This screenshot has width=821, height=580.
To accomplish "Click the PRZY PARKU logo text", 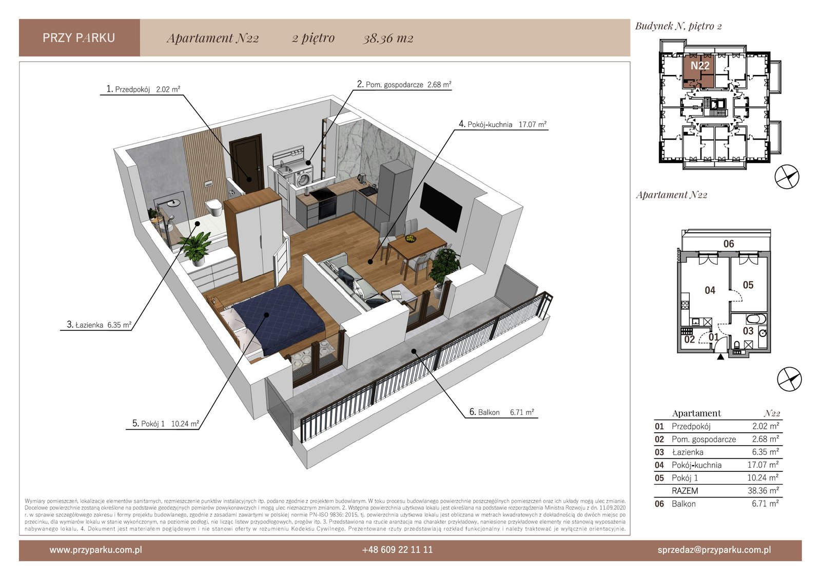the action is click(x=79, y=38).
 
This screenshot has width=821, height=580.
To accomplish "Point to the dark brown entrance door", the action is click(x=247, y=164).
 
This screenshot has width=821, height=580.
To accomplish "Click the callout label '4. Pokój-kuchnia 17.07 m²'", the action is click(x=502, y=124).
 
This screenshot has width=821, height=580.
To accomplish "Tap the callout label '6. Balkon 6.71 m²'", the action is click(x=501, y=412).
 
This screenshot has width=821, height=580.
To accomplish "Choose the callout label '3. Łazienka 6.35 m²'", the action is click(x=99, y=325).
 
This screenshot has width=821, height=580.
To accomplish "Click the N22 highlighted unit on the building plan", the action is click(x=698, y=71).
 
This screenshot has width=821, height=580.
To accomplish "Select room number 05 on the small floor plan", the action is click(x=748, y=285).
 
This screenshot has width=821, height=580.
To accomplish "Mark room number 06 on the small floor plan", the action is click(x=729, y=244).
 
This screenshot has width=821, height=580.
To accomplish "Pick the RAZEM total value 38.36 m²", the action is click(x=763, y=490).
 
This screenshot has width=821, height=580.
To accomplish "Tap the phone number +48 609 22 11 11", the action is click(x=397, y=550).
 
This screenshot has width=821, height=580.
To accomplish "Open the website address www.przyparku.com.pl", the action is click(x=95, y=550).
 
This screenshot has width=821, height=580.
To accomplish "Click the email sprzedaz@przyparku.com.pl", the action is click(x=714, y=550).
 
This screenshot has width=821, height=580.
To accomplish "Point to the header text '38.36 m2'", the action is click(x=388, y=38).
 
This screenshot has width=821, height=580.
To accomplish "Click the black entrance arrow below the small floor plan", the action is click(x=720, y=356).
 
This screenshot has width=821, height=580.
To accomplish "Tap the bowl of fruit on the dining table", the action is click(x=411, y=238).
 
